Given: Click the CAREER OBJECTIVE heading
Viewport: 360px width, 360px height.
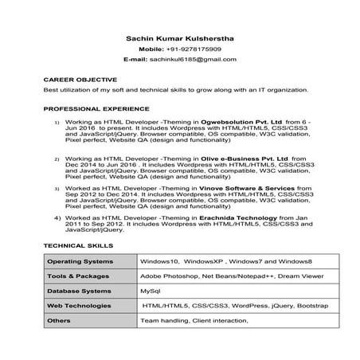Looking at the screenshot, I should [80, 80].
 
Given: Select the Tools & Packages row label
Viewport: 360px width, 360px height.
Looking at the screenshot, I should [77, 276].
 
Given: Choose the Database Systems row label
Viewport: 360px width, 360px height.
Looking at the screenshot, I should [79, 291].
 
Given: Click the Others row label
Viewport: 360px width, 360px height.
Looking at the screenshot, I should [59, 320].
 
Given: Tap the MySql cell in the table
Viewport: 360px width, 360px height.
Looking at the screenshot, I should [151, 291].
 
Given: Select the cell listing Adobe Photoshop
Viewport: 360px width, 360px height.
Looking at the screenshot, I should [231, 276].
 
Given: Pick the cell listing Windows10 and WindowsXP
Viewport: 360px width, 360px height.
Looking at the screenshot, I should [226, 261].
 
